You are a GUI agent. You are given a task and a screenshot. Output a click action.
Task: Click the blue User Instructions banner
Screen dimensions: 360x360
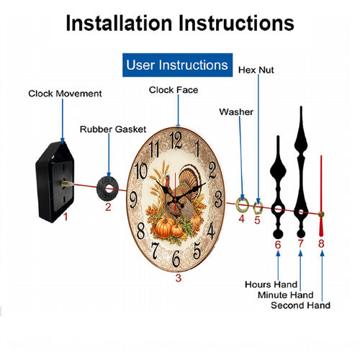tap(177, 65)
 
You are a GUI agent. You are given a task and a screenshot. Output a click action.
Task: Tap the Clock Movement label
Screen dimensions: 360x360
tap(65, 94)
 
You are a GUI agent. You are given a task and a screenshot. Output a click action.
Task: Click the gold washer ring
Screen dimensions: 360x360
tap(242, 204)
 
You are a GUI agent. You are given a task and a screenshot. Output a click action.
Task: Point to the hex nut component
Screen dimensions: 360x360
tap(258, 208)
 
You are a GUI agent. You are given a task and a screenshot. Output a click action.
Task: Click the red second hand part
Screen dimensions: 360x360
tap(321, 196)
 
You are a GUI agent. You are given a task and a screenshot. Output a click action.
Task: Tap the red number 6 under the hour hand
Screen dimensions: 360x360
tap(278, 245)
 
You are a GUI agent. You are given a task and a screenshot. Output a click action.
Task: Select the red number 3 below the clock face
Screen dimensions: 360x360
tap(179, 278)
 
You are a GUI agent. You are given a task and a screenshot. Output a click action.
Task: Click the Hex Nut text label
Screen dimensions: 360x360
tap(256, 70)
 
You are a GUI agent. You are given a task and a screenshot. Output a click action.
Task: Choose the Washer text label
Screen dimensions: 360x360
tap(236, 112)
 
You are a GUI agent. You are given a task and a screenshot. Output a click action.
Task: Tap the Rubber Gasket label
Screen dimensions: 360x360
tap(113, 129)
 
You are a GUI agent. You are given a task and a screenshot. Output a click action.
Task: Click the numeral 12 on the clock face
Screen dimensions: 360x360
tap(176, 140)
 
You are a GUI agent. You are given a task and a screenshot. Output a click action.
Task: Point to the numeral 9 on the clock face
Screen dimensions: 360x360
tap(133, 199)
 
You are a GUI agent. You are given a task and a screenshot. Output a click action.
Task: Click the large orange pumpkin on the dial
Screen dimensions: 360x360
tap(164, 228)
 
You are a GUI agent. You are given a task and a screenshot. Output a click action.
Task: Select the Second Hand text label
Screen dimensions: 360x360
tap(300, 305)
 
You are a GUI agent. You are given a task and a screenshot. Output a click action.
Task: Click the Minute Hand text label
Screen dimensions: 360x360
tap(286, 294)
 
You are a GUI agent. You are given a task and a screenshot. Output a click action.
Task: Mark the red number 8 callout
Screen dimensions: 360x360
tap(321, 243)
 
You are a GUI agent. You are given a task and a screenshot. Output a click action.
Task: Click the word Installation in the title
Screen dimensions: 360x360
tap(119, 23)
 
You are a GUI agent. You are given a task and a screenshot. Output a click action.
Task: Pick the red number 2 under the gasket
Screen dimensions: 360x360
tap(108, 207)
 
